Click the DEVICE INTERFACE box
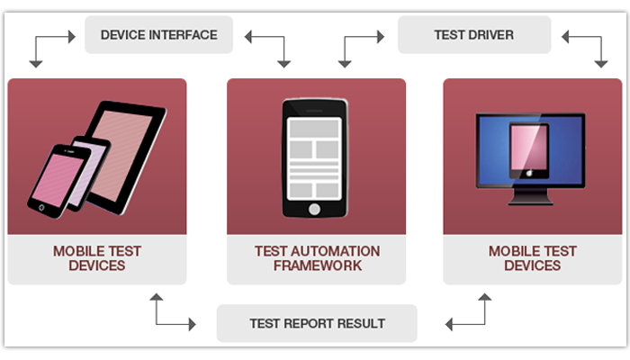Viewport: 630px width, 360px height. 158,35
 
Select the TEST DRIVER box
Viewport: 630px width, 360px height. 473,35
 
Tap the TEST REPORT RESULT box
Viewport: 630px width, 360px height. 317,323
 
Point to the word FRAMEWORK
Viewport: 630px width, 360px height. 317,265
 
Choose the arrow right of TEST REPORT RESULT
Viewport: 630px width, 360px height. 467,311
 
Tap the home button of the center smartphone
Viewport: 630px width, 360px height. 314,209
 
